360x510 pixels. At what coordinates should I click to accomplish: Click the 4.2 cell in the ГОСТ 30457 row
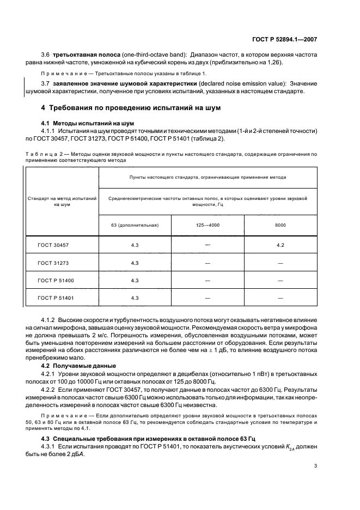[280, 245]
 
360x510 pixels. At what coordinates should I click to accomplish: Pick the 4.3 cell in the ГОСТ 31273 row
[135, 263]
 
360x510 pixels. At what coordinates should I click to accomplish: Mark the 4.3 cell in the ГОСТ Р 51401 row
[135, 298]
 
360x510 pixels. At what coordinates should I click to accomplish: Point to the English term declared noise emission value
[241, 83]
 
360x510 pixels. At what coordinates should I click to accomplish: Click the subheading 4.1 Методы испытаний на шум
[84, 123]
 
